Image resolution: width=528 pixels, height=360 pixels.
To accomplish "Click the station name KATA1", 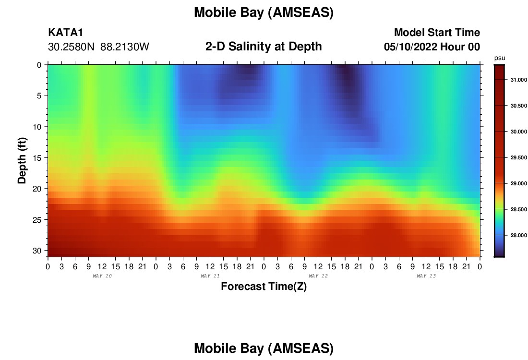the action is pyautogui.click(x=66, y=33).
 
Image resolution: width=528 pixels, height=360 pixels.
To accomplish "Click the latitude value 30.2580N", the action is pyautogui.click(x=72, y=47).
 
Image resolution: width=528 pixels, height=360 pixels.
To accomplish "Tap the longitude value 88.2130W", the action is pyautogui.click(x=125, y=47).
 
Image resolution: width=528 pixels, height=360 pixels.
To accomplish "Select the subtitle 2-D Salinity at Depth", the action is pyautogui.click(x=264, y=47).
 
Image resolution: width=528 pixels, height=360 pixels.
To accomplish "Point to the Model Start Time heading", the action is pyautogui.click(x=437, y=33).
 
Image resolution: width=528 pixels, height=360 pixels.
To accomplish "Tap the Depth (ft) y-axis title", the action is pyautogui.click(x=22, y=161).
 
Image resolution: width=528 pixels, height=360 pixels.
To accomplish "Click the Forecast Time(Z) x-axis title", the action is pyautogui.click(x=264, y=286).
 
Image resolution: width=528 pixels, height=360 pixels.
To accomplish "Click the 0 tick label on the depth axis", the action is pyautogui.click(x=39, y=65).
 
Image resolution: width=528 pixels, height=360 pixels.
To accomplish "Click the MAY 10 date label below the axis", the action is pyautogui.click(x=102, y=276).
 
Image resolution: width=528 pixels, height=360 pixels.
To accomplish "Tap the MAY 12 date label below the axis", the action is pyautogui.click(x=318, y=276).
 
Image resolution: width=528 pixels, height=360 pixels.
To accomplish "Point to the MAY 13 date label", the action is pyautogui.click(x=426, y=276).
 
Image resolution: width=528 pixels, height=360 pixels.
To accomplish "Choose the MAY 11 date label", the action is pyautogui.click(x=210, y=276).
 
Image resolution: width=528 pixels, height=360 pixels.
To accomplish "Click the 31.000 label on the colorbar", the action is pyautogui.click(x=519, y=80).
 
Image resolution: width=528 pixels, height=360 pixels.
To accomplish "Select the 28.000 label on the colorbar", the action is pyautogui.click(x=519, y=235).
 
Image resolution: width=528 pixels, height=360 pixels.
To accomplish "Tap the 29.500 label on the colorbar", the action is pyautogui.click(x=519, y=157).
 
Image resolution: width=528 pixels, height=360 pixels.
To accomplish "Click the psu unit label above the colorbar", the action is pyautogui.click(x=500, y=58).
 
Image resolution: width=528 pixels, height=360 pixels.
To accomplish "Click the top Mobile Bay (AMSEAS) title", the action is pyautogui.click(x=264, y=12).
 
